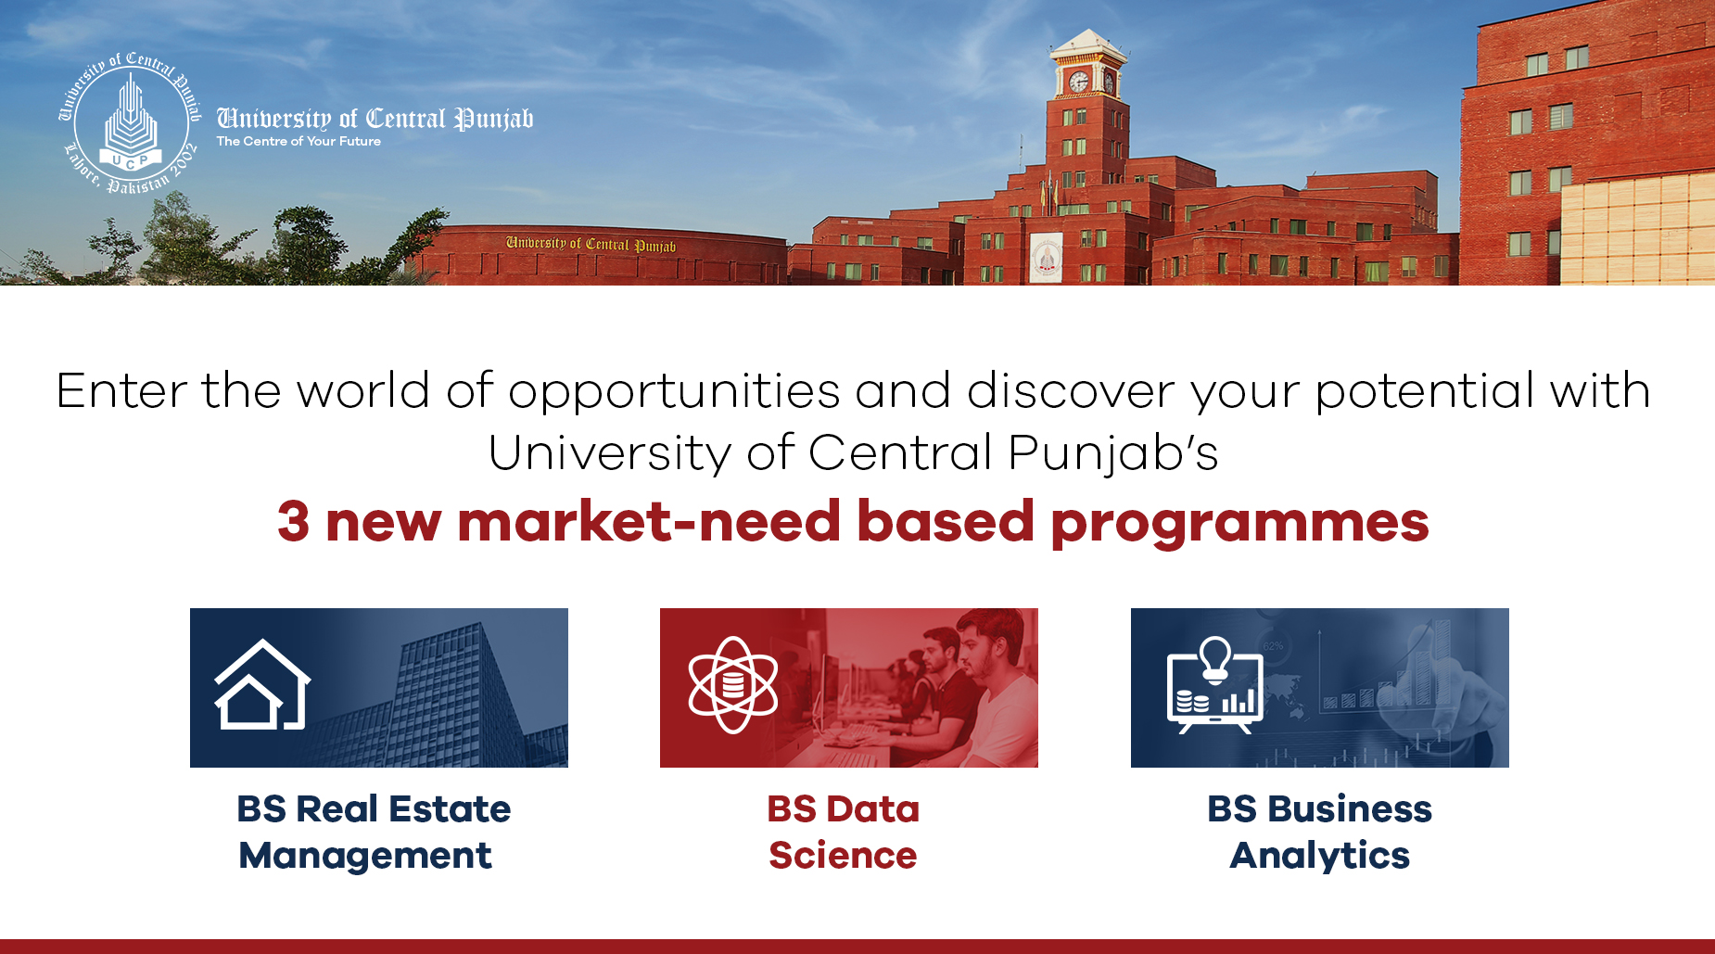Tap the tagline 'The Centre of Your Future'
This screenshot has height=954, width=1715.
pyautogui.click(x=299, y=141)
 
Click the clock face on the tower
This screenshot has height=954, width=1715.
pyautogui.click(x=1078, y=82)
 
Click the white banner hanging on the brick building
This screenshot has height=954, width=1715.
pyautogui.click(x=1047, y=257)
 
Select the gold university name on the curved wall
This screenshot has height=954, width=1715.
pyautogui.click(x=591, y=244)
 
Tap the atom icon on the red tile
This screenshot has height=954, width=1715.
pyautogui.click(x=733, y=685)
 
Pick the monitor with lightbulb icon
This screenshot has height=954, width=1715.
pyautogui.click(x=1214, y=685)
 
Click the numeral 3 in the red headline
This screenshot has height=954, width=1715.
pyautogui.click(x=293, y=521)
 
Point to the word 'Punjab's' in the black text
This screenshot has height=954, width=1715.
pyautogui.click(x=1113, y=453)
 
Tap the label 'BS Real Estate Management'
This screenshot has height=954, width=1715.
pyautogui.click(x=374, y=832)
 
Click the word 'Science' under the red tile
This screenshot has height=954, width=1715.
pyautogui.click(x=843, y=855)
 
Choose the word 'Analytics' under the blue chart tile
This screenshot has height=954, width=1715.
pyautogui.click(x=1320, y=856)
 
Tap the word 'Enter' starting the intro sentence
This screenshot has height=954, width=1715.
pyautogui.click(x=121, y=390)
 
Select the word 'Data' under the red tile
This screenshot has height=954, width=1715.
pyautogui.click(x=874, y=808)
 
